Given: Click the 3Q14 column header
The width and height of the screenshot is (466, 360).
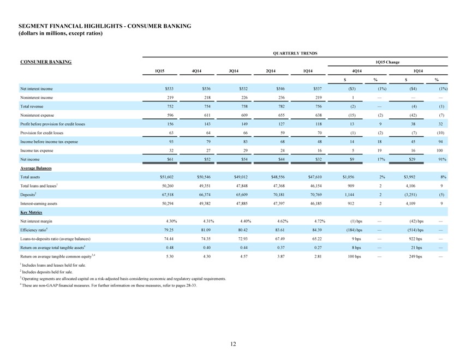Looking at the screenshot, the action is click(234, 71).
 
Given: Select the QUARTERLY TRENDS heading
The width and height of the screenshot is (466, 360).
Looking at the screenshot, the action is click(295, 53).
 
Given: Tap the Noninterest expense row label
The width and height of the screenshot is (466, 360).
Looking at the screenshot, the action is click(37, 115).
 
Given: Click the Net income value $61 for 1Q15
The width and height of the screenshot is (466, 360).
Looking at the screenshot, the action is click(170, 159).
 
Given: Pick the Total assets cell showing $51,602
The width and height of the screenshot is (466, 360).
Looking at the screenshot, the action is click(167, 177).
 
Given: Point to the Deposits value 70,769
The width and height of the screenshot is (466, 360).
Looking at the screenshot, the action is click(316, 195).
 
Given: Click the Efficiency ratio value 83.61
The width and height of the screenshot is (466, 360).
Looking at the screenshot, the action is click(280, 230).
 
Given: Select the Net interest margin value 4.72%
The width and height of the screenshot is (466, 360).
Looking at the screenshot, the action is click(319, 221).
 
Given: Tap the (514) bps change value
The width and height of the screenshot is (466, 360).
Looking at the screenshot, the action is click(415, 230).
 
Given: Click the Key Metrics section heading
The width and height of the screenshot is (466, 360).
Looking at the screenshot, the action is click(31, 212).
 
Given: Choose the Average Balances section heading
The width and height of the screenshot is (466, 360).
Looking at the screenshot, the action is click(36, 168).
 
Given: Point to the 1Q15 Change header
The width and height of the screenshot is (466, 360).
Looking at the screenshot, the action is click(387, 62).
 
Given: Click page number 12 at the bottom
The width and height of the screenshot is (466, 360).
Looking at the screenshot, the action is click(233, 344).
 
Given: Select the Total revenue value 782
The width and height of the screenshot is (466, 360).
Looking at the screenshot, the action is click(282, 106).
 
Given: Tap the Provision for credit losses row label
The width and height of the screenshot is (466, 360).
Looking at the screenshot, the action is click(41, 133).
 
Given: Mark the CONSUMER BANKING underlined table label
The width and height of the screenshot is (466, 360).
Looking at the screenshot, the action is click(46, 62).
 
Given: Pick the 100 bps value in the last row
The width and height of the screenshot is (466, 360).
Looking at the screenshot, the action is click(354, 256).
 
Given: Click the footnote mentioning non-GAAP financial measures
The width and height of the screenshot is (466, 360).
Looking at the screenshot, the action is click(109, 285).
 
